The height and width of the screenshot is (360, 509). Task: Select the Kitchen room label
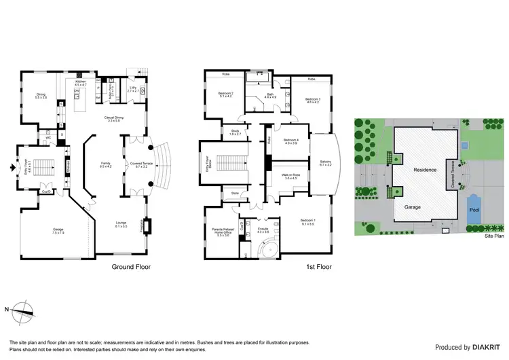coord(81,82)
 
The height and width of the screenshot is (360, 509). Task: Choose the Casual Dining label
coord(113,118)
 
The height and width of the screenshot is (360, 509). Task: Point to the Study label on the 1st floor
coord(235,131)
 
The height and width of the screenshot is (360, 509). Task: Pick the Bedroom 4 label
coord(292,140)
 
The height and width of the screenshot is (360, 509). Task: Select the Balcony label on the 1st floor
coord(325,162)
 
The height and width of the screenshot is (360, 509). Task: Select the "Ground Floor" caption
coord(130,268)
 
